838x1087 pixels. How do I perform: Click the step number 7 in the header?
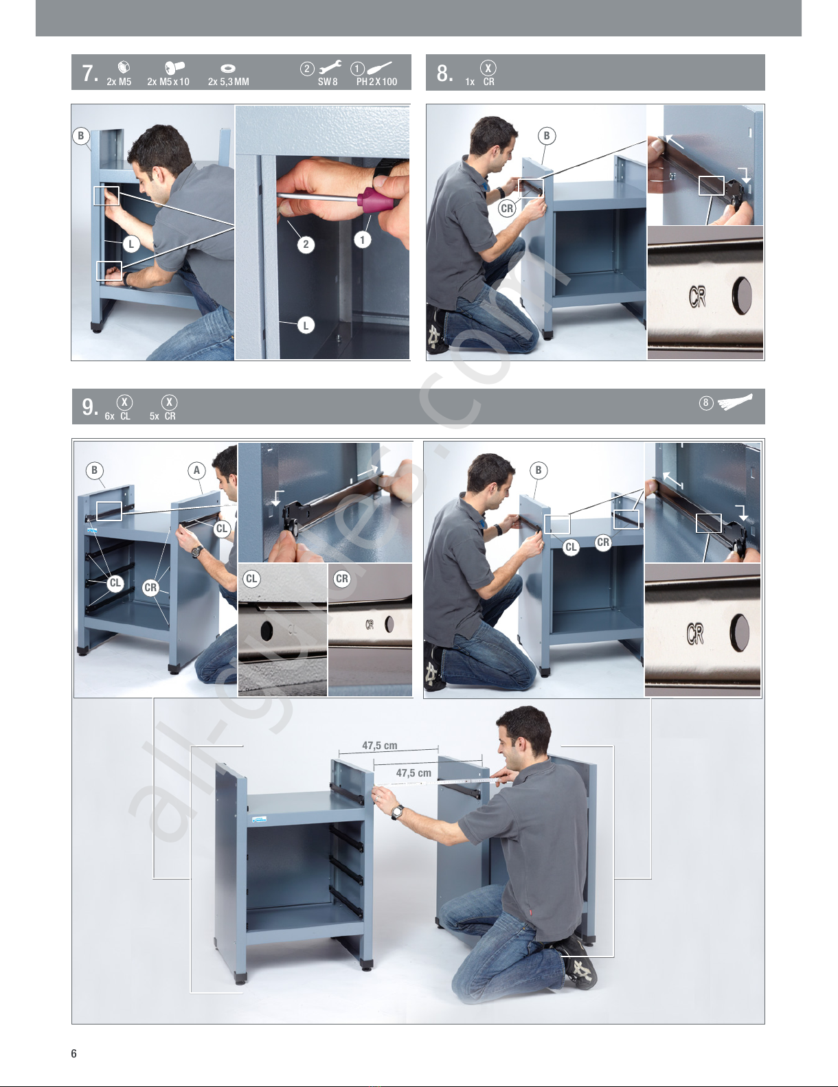pyautogui.click(x=89, y=73)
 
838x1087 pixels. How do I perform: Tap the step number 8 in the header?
pyautogui.click(x=444, y=73)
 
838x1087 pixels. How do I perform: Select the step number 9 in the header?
pyautogui.click(x=89, y=407)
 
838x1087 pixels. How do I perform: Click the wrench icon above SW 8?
pyautogui.click(x=330, y=67)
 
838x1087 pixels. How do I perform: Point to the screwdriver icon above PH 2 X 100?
pyautogui.click(x=379, y=67)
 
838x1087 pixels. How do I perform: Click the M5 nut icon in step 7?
pyautogui.click(x=124, y=67)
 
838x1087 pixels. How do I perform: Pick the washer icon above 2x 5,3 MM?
pyautogui.click(x=228, y=68)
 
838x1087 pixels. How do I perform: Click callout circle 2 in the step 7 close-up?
pyautogui.click(x=306, y=244)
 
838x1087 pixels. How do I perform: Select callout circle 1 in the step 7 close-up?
pyautogui.click(x=362, y=240)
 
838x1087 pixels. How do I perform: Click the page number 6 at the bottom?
pyautogui.click(x=74, y=1053)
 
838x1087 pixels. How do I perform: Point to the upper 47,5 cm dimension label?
pyautogui.click(x=380, y=746)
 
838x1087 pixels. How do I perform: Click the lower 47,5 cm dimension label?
pyautogui.click(x=414, y=773)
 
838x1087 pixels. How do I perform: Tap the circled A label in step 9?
pyautogui.click(x=196, y=470)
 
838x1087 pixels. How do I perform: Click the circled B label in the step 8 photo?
pyautogui.click(x=546, y=135)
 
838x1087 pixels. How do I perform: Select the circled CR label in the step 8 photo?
pyautogui.click(x=507, y=208)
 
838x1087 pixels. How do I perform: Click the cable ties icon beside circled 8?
pyautogui.click(x=735, y=402)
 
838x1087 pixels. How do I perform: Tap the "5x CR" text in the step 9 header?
pyautogui.click(x=163, y=416)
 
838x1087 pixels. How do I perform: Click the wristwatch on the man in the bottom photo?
pyautogui.click(x=397, y=812)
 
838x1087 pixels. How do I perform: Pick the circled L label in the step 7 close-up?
pyautogui.click(x=306, y=325)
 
